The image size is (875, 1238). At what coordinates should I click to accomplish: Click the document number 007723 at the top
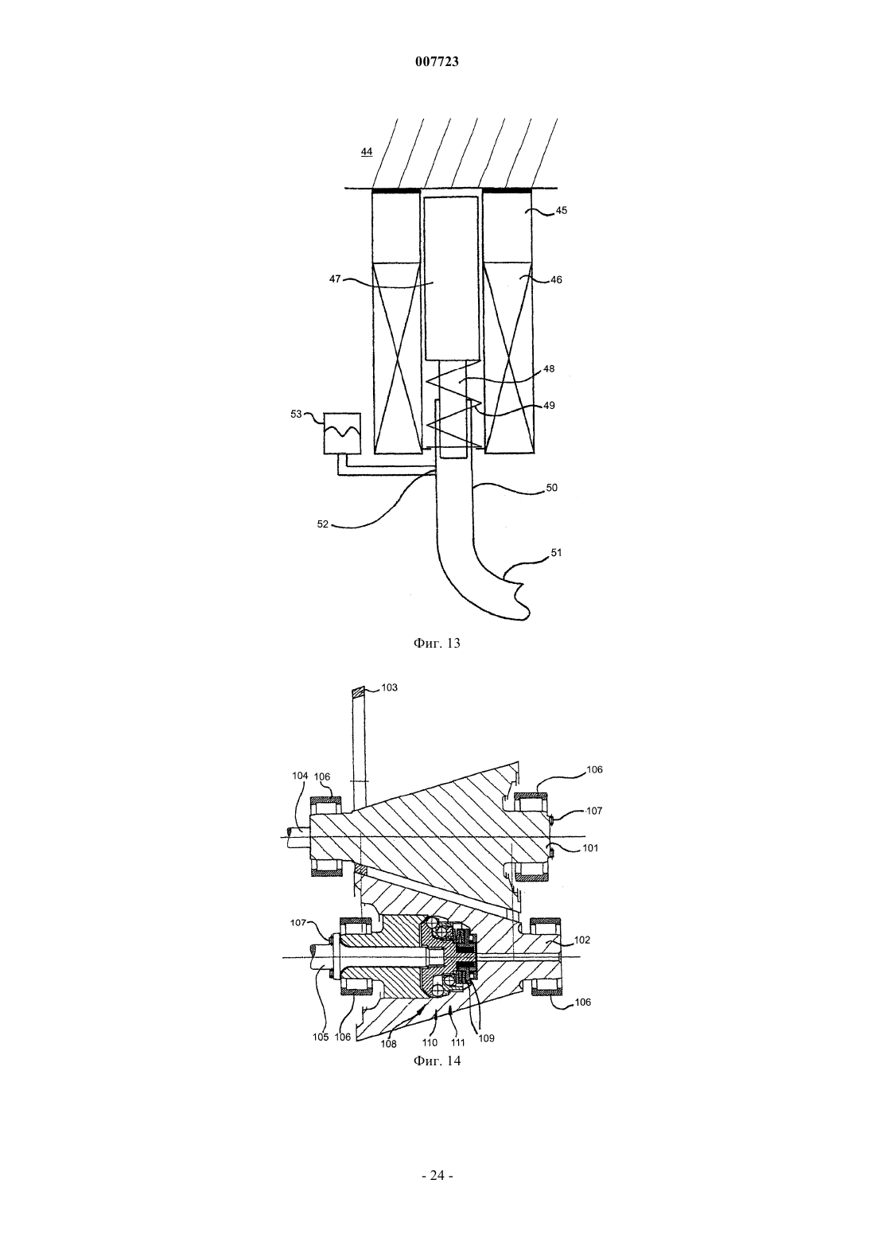[x=437, y=62]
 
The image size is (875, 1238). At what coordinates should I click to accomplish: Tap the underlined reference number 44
[x=366, y=151]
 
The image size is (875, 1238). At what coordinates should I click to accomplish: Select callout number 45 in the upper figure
[x=562, y=211]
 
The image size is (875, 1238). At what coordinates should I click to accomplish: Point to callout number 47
[x=335, y=279]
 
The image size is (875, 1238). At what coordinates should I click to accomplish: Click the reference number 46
[x=556, y=280]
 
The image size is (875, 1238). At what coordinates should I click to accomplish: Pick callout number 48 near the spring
[x=549, y=368]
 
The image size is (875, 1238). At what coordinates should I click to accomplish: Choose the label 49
[x=549, y=406]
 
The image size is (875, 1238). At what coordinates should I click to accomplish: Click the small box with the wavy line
[x=342, y=434]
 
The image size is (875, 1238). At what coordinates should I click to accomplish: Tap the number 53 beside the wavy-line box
[x=297, y=414]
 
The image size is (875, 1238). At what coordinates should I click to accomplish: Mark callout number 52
[x=323, y=524]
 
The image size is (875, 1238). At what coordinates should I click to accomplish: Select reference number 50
[x=551, y=488]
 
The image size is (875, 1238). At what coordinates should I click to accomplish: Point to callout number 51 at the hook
[x=556, y=552]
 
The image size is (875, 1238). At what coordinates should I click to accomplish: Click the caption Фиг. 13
[x=437, y=643]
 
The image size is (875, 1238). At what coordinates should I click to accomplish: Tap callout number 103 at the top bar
[x=390, y=688]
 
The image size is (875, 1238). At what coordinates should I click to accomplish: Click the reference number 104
[x=300, y=776]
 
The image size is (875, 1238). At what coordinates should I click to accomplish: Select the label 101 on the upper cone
[x=590, y=848]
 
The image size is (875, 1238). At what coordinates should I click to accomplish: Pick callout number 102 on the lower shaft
[x=582, y=940]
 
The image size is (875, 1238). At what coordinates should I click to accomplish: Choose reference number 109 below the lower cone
[x=486, y=1038]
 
